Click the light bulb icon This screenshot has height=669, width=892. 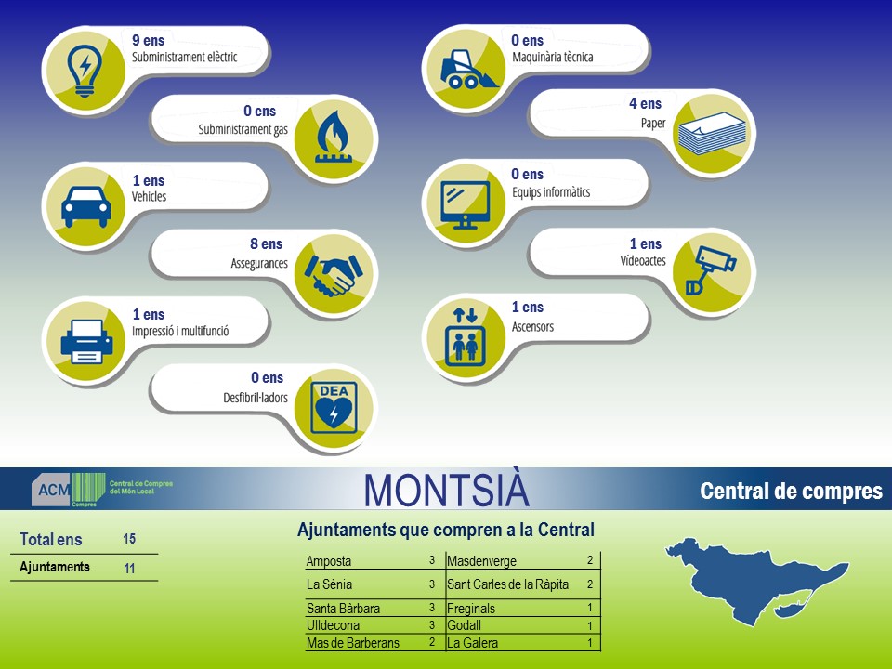pyautogui.click(x=85, y=71)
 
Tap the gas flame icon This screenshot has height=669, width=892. pyautogui.click(x=334, y=138)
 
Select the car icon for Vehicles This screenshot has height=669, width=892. pyautogui.click(x=85, y=206)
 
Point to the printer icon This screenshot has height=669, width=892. pyautogui.click(x=86, y=341)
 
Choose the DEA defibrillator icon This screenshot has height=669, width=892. pyautogui.click(x=334, y=408)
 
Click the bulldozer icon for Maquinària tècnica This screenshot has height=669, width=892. pyautogui.click(x=467, y=70)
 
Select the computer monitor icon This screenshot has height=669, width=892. pyautogui.click(x=466, y=204)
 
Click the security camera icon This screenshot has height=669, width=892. pyautogui.click(x=711, y=269)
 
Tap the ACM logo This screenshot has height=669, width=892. pyautogui.click(x=102, y=490)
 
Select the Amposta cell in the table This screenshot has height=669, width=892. pyautogui.click(x=329, y=561)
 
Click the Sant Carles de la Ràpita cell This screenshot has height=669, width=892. pyautogui.click(x=507, y=584)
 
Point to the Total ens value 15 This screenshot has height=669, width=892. pyautogui.click(x=129, y=539)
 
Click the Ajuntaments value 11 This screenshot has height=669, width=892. pyautogui.click(x=129, y=568)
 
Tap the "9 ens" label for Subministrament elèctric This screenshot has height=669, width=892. pyautogui.click(x=148, y=40)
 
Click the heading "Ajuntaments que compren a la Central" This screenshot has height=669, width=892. pyautogui.click(x=445, y=530)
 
